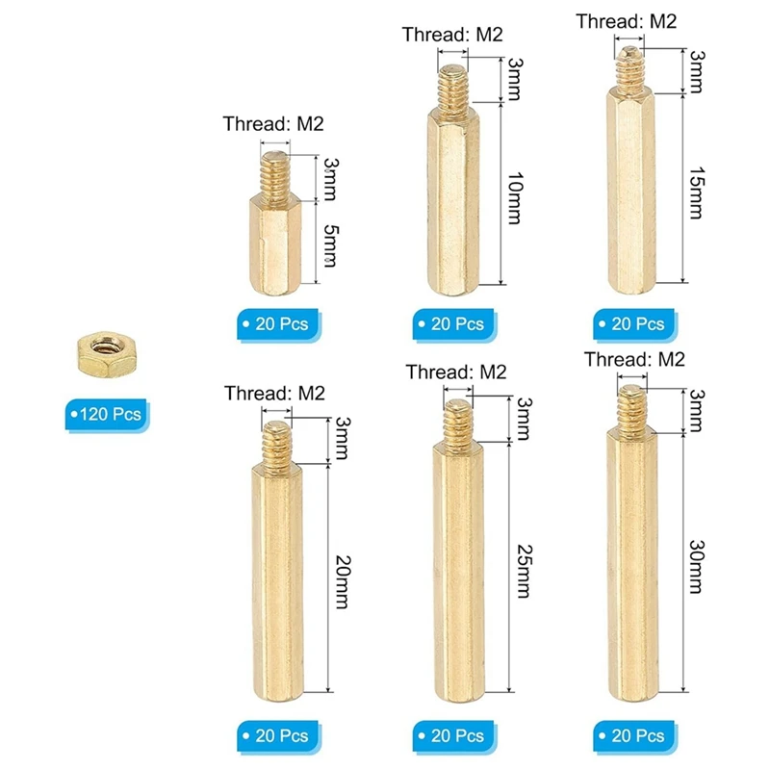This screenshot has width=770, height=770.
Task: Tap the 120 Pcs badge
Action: pyautogui.click(x=106, y=415)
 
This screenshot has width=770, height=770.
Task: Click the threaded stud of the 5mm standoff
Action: pyautogui.click(x=274, y=172)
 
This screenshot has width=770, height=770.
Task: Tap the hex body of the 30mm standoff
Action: pyautogui.click(x=630, y=558)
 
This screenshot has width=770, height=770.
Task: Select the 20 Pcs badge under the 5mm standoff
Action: pyautogui.click(x=275, y=323)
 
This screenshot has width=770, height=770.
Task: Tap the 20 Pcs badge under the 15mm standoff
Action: pyautogui.click(x=631, y=323)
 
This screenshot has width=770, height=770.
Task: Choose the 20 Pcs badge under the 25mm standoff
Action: pyautogui.click(x=450, y=735)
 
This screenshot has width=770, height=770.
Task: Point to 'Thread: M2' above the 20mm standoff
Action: pyautogui.click(x=274, y=393)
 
